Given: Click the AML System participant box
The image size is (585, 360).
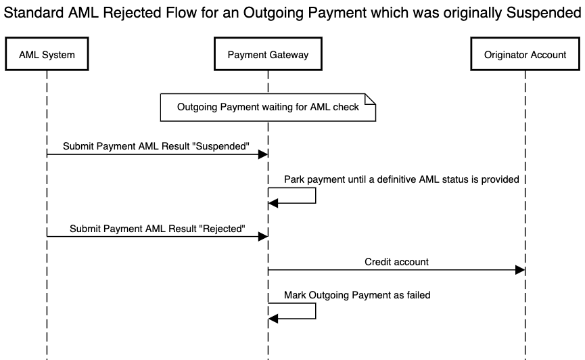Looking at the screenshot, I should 47,55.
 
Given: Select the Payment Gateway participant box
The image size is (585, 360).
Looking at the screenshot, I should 268,55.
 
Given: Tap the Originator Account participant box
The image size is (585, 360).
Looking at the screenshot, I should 525,55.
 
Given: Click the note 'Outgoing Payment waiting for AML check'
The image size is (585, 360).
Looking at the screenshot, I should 268,107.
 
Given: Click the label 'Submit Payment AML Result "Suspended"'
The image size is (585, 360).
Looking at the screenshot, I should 156,146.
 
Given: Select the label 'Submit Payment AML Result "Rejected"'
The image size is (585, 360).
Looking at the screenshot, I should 156,229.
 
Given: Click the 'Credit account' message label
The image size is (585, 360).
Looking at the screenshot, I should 396,262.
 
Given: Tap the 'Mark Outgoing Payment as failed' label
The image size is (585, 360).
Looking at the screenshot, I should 356,295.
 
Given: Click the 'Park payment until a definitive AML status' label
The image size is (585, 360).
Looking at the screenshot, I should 401,179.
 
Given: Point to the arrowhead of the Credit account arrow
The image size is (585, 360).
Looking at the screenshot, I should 520,270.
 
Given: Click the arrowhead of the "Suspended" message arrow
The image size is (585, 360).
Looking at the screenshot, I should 263,154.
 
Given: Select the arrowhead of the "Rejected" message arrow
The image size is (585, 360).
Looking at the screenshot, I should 263,237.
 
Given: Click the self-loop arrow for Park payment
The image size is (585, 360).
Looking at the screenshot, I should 315,196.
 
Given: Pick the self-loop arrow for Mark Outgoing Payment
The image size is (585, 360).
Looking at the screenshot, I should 315,311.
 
